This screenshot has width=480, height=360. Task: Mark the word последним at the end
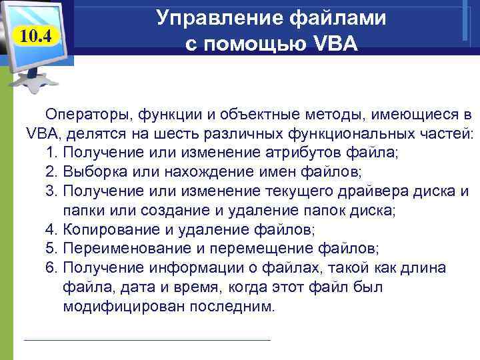coord(219,307)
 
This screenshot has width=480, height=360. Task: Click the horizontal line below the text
coord(147,340)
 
